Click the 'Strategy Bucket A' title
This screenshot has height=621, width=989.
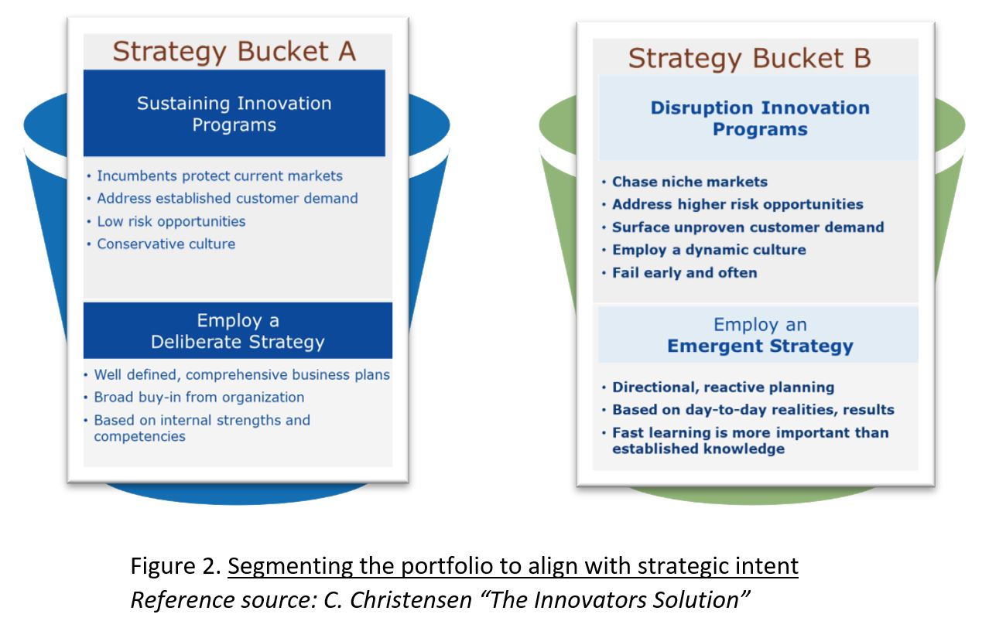234,52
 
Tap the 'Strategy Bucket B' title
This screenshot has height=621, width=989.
749,59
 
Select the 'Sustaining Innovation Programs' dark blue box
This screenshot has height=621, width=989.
234,113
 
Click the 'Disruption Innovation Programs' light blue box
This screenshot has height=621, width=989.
758,118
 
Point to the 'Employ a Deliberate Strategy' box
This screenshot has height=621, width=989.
238,330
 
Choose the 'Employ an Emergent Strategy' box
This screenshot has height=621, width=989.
758,335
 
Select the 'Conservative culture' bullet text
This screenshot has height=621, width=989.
166,244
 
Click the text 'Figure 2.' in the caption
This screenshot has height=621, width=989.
176,566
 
